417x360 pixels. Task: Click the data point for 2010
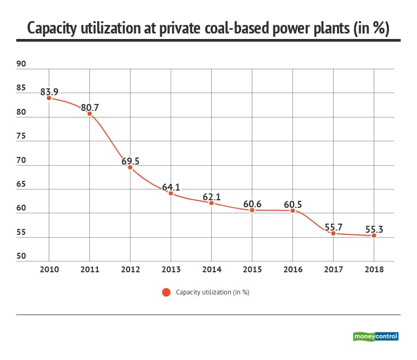(49, 98)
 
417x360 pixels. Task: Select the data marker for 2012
(130, 167)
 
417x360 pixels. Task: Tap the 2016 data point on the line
(293, 211)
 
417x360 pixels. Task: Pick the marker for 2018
(374, 235)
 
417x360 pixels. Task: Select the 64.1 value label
(171, 187)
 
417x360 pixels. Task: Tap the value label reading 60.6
(252, 204)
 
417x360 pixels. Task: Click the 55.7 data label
(333, 227)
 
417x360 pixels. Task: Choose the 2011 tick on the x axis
(89, 270)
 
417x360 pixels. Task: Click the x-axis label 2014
(211, 270)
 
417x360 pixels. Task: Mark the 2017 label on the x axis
(333, 270)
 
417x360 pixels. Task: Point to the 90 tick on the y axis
(21, 64)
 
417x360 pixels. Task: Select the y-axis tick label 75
(21, 136)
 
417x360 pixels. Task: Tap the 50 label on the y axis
(21, 257)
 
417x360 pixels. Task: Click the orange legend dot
(166, 292)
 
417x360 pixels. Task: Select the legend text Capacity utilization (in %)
(212, 292)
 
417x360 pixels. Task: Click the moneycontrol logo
(375, 336)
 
